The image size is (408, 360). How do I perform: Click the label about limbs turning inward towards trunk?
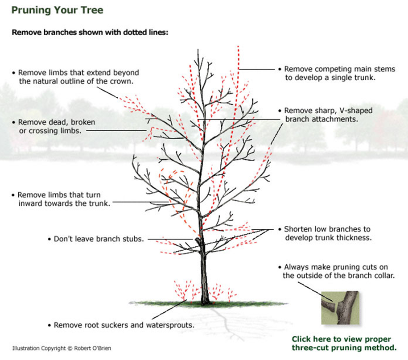pos(60,199)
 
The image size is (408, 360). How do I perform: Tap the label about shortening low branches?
pos(327,233)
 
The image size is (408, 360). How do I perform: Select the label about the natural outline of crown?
pos(76,77)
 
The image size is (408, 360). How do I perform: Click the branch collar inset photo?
pos(341,308)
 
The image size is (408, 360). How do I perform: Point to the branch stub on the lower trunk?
pos(197,241)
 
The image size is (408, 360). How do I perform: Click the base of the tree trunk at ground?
pos(205,302)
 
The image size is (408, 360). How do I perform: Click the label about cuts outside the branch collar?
pos(339,271)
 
